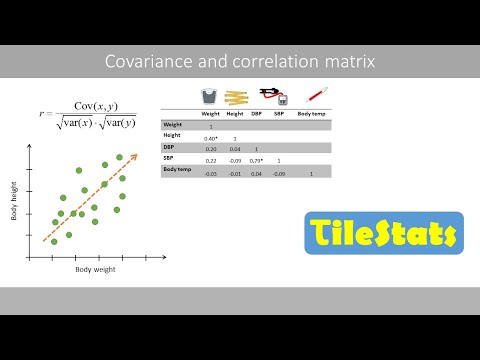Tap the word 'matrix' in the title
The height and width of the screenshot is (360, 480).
(349, 62)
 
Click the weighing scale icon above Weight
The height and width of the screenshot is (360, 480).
(210, 97)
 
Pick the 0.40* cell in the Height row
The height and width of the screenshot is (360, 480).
(211, 138)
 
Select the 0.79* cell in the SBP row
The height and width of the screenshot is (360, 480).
(256, 160)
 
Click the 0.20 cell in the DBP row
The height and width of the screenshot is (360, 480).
(211, 149)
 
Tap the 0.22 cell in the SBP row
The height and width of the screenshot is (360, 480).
(211, 160)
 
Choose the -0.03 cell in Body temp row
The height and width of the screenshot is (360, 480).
(211, 174)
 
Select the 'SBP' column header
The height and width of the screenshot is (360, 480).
(279, 114)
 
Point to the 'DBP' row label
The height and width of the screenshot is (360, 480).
(170, 146)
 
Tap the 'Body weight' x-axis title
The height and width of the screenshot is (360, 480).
(96, 269)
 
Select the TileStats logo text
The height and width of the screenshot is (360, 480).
(383, 235)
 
